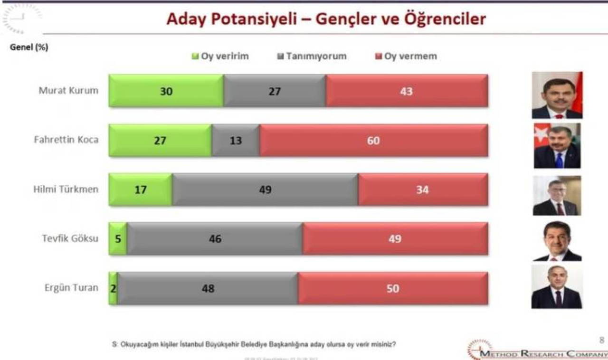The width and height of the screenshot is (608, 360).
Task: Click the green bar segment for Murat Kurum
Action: pos(166,91)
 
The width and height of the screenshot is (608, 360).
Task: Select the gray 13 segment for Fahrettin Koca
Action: pos(236,141)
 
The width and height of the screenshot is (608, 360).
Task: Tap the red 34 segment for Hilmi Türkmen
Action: pos(422,189)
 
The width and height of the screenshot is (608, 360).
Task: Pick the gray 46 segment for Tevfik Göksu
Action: pos(215,239)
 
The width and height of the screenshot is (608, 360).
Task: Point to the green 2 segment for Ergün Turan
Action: pos(113,288)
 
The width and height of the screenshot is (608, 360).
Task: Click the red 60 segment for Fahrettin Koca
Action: pos(373,141)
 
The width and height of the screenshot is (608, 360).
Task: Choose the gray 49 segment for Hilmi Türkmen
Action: pos(265,189)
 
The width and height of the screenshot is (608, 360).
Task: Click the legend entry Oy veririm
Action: pos(220,57)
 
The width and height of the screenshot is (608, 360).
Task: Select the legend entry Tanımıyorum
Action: pos(312,57)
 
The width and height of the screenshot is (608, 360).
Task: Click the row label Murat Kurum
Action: pos(68,91)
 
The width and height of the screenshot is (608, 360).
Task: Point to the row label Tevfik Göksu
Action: pos(70,238)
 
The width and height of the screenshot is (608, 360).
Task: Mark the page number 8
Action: pos(602,340)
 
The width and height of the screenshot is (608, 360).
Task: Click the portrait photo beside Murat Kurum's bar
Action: pos(557,95)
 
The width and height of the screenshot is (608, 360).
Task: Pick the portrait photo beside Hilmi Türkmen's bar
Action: pos(557,196)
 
